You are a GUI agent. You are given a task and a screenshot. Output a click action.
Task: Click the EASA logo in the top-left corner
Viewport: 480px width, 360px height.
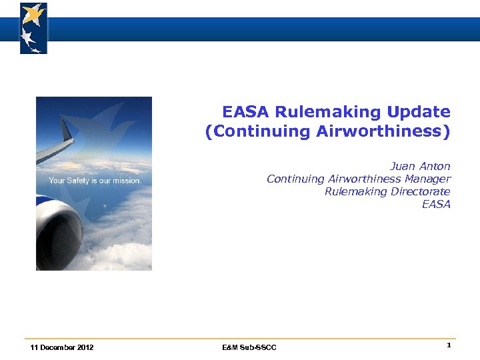point(33,28)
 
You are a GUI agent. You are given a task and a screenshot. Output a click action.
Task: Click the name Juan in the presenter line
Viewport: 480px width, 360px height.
point(402,166)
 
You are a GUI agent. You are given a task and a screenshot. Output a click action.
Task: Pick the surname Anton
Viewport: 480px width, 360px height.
point(435,166)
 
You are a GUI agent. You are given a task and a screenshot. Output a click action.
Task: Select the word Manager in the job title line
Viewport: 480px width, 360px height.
point(429,179)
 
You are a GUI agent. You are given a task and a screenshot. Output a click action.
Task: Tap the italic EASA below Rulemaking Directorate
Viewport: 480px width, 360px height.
point(436,204)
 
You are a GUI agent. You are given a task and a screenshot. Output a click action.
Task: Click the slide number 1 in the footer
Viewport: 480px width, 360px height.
point(449,345)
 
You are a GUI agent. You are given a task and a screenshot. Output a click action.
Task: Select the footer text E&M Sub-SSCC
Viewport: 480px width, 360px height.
point(249,347)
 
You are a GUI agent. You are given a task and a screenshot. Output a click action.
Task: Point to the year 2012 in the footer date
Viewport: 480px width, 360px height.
point(85,347)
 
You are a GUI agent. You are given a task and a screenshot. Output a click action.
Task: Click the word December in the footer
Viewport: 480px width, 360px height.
point(57,347)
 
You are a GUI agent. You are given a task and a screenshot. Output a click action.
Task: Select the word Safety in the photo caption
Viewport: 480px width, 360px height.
point(78,181)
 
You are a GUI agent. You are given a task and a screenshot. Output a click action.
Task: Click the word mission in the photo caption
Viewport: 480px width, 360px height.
point(128,181)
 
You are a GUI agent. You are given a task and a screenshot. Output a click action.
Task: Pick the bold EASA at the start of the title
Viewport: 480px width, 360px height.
point(246,112)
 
